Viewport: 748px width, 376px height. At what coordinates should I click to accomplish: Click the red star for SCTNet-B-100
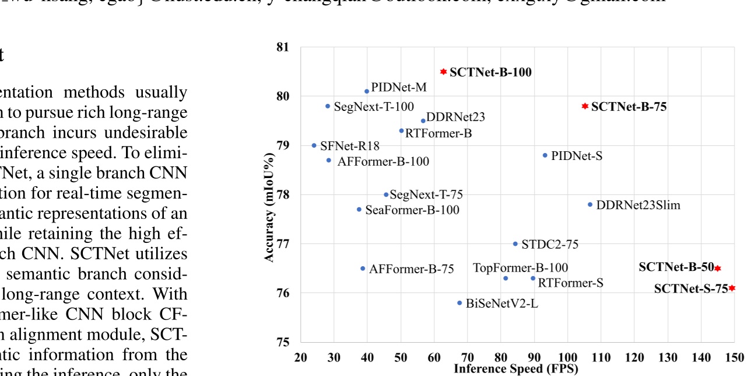tap(443, 72)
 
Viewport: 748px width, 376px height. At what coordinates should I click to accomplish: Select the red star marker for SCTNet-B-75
tap(585, 106)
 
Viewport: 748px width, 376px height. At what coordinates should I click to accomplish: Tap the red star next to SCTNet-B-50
tap(718, 268)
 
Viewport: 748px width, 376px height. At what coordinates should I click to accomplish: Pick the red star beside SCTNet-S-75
tap(732, 288)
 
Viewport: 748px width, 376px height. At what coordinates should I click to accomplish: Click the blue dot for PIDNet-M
tap(367, 91)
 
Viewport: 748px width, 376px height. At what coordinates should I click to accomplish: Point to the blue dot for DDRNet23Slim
tap(590, 204)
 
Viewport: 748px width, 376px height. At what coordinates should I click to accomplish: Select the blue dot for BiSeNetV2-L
tap(459, 303)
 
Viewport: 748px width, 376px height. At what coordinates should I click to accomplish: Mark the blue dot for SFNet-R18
tap(314, 145)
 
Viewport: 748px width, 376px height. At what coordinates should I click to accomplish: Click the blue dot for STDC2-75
tap(515, 244)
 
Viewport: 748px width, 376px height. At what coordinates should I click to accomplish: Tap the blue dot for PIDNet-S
tap(545, 155)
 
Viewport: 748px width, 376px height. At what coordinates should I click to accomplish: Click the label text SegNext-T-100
tap(374, 107)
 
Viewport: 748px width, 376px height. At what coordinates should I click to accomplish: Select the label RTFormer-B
tap(438, 133)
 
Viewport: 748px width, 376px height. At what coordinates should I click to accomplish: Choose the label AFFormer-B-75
tap(411, 269)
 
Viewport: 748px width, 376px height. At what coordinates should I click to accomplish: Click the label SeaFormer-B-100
tap(412, 210)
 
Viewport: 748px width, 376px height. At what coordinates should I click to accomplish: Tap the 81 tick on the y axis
tap(283, 47)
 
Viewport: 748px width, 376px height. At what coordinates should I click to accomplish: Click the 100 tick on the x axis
tap(567, 357)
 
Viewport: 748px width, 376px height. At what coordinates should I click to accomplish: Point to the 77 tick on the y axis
tap(283, 243)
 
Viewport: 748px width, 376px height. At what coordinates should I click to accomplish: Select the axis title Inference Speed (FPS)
tap(507, 368)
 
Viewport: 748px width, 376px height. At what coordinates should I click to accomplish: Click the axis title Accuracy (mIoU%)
tap(269, 194)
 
